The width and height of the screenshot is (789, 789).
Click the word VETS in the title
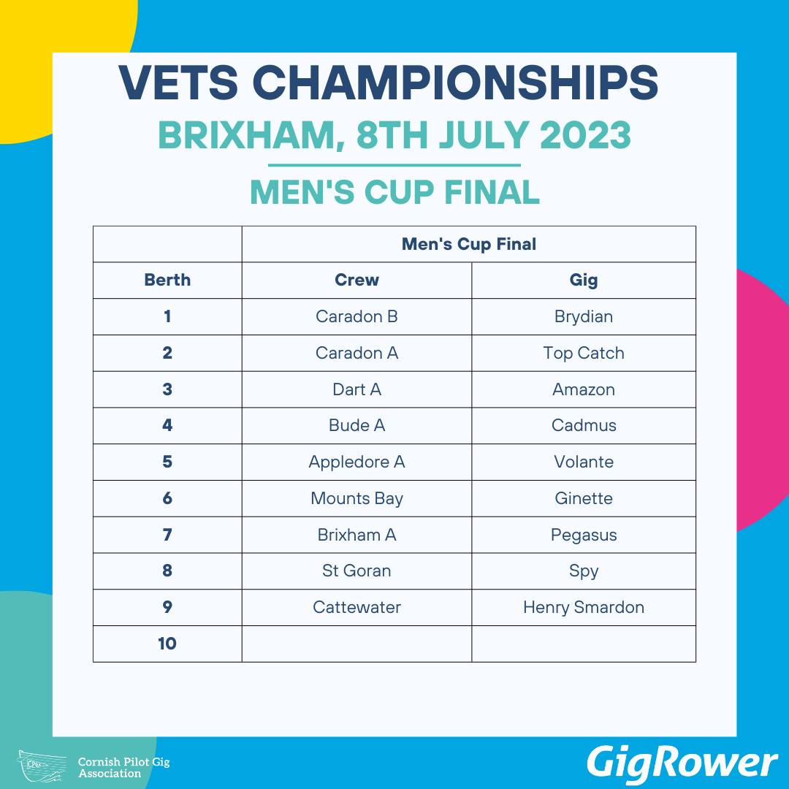click(179, 82)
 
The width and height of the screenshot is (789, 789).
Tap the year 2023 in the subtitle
click(585, 135)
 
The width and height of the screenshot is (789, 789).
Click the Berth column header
click(167, 280)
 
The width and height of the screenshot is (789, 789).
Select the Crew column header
click(357, 280)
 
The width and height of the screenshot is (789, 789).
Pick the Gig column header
click(584, 281)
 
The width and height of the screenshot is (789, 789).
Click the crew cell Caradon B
click(357, 316)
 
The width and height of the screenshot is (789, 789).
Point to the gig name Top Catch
click(584, 354)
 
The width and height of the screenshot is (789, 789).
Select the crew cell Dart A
click(357, 389)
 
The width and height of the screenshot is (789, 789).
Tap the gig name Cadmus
click(584, 426)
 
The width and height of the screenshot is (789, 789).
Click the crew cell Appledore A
click(357, 462)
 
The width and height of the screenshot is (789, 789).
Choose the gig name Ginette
click(584, 499)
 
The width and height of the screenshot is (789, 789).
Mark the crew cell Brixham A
click(357, 535)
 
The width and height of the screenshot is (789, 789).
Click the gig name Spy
click(584, 571)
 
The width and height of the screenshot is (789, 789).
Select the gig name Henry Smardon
click(584, 607)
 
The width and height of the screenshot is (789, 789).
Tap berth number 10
click(167, 644)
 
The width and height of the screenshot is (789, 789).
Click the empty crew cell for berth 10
click(357, 644)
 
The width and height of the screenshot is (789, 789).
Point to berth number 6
click(167, 498)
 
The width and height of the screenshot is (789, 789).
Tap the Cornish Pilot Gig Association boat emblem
click(42, 766)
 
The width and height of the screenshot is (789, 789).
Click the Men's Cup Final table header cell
click(469, 244)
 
